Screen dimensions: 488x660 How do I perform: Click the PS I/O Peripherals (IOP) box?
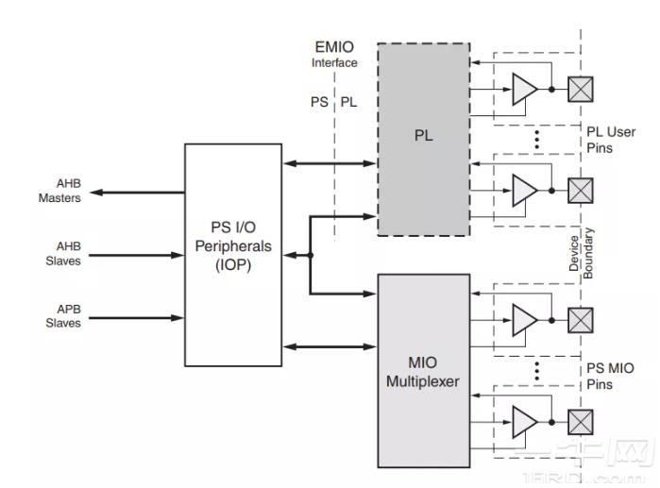click(x=233, y=255)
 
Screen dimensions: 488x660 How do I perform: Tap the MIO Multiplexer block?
click(x=424, y=370)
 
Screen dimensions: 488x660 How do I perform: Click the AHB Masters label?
click(x=59, y=192)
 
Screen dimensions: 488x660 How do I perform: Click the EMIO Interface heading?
click(x=334, y=54)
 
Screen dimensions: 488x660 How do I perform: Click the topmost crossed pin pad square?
click(x=580, y=89)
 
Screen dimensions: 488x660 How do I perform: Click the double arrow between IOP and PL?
click(x=330, y=163)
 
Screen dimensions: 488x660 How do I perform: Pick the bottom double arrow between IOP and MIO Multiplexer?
click(x=330, y=347)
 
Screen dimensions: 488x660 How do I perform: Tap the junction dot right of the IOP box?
click(x=311, y=255)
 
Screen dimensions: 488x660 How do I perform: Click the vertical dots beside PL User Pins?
click(x=536, y=140)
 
